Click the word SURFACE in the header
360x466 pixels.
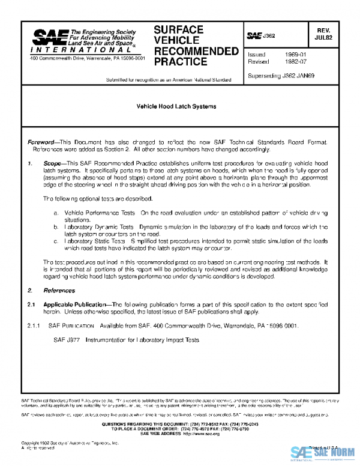pos(178,30)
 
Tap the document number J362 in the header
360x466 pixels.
pos(268,37)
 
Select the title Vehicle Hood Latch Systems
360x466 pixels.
pos(176,106)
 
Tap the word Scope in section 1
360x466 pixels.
pos(54,163)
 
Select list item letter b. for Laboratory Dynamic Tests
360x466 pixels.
pos(56,227)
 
